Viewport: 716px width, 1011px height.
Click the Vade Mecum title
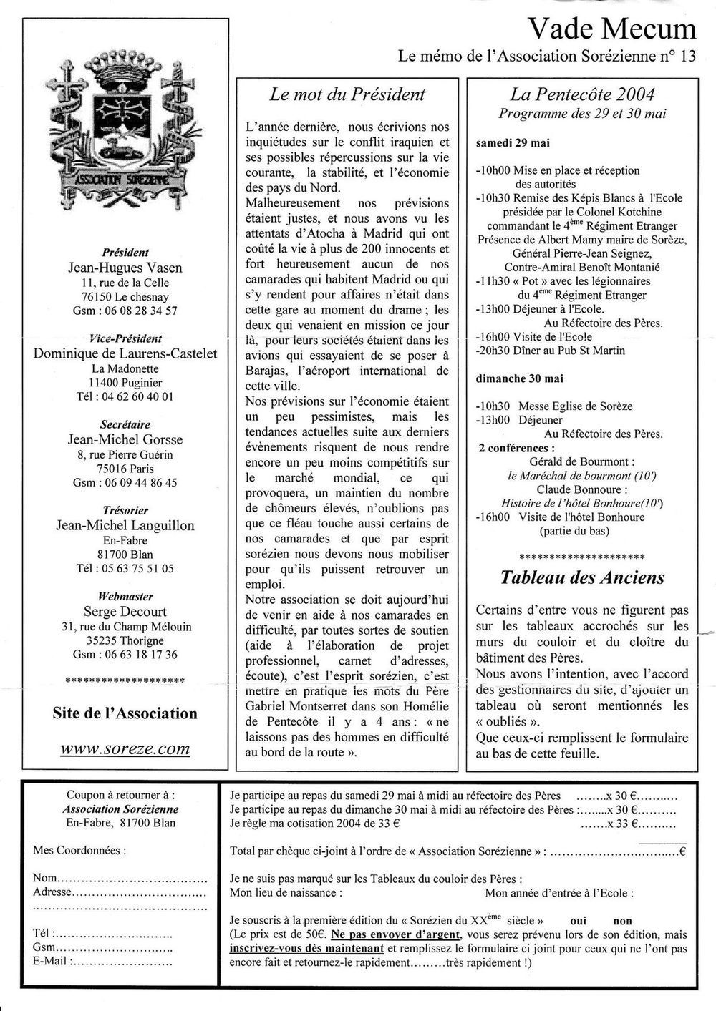point(611,29)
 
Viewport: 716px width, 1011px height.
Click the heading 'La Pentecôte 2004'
point(582,94)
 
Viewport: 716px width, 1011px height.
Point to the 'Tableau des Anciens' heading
point(581,577)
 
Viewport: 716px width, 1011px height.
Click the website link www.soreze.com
point(125,749)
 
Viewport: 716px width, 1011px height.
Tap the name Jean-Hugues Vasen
point(125,268)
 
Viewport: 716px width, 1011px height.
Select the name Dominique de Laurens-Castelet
point(125,353)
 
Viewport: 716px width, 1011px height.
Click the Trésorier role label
point(125,510)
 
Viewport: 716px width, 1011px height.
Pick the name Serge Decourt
point(125,612)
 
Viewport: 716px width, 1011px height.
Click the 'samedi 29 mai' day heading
point(513,143)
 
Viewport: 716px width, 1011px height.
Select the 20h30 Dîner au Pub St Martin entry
point(549,351)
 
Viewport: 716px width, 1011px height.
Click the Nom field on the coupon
point(120,878)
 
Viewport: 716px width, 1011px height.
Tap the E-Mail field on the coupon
point(100,961)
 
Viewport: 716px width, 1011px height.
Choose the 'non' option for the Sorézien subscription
point(622,922)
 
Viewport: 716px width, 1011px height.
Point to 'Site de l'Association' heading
point(125,713)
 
